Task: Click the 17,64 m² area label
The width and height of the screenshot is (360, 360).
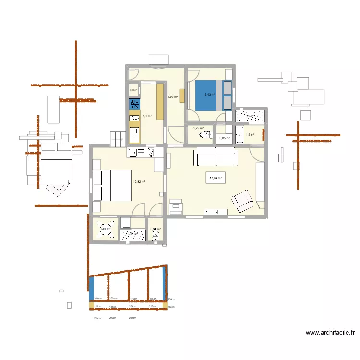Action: click(216, 178)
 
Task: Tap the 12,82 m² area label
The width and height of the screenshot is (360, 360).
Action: click(139, 181)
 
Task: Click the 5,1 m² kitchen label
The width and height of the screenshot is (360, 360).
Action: click(147, 116)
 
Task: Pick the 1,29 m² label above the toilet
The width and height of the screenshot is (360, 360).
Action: click(198, 128)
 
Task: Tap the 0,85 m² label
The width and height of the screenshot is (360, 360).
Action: click(224, 138)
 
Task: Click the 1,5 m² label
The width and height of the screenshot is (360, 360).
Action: click(250, 135)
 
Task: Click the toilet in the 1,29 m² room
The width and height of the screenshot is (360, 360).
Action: click(206, 134)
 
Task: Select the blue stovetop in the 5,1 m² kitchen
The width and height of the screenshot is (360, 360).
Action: click(134, 104)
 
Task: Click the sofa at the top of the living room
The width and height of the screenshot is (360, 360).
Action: click(215, 157)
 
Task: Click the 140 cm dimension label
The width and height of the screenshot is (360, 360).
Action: click(97, 298)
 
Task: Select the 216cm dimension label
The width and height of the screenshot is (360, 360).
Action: click(153, 306)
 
